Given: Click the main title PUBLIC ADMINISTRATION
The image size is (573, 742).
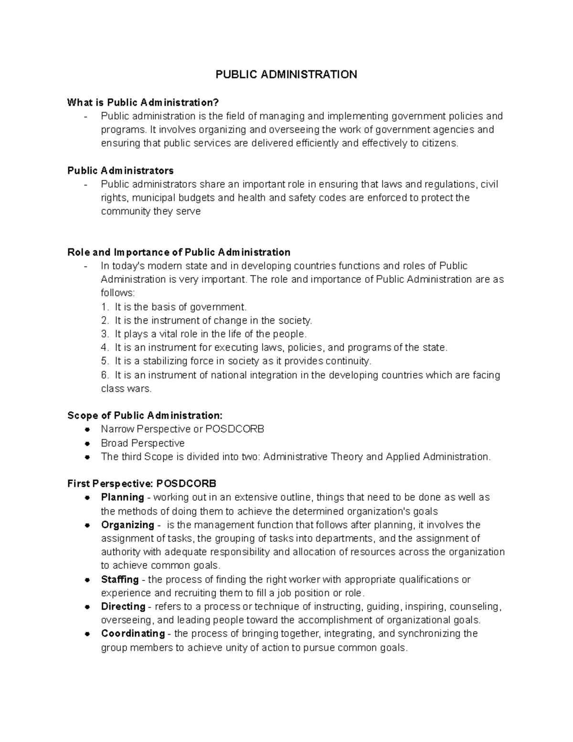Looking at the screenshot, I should click(x=286, y=75).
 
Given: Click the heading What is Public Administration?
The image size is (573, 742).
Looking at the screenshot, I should click(x=143, y=102).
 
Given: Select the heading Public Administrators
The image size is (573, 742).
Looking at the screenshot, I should click(x=120, y=171).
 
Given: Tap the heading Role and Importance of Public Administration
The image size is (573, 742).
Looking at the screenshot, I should click(x=179, y=252).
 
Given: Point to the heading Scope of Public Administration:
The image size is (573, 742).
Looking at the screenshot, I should click(x=145, y=415).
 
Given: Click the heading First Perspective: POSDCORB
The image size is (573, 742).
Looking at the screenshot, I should click(x=138, y=484).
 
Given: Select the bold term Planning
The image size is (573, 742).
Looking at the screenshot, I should click(x=122, y=497).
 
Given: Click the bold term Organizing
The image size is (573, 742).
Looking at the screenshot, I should click(x=127, y=525).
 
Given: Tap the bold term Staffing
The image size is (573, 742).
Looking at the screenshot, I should click(x=119, y=580).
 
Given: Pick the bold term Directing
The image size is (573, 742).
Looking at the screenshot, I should click(x=123, y=606).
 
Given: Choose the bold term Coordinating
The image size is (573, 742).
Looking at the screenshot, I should click(x=132, y=634).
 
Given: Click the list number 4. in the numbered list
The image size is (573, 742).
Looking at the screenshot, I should click(x=105, y=347).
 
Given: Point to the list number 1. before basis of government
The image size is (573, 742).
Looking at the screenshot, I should click(x=105, y=307).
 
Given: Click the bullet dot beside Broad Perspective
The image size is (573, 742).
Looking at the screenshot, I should click(x=87, y=443).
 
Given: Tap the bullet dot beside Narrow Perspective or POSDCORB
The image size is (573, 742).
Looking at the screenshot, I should click(x=87, y=429).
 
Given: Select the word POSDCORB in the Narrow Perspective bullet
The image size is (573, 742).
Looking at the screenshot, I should click(x=234, y=429).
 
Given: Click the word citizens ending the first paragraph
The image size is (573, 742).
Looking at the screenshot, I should click(x=438, y=143).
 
